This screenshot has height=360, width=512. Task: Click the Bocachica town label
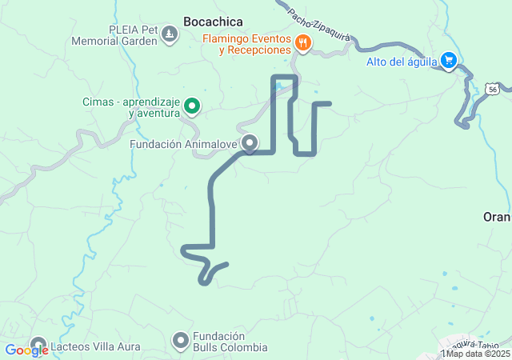click(213, 22)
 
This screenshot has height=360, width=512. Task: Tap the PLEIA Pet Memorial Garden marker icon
click(170, 34)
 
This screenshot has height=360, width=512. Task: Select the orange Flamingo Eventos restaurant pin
click(302, 43)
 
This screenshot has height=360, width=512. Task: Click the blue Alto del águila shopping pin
click(450, 61)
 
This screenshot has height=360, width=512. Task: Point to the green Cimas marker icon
click(192, 106)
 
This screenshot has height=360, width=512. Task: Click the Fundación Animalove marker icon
click(250, 144)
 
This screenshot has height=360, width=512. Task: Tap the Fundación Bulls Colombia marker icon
click(181, 341)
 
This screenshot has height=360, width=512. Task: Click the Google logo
click(26, 350)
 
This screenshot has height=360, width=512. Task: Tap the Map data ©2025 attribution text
click(478, 354)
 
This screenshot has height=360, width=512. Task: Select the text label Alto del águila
click(402, 62)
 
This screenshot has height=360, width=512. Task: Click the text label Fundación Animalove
click(184, 145)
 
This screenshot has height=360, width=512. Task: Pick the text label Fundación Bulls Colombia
click(230, 342)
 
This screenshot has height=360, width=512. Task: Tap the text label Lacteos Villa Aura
click(95, 347)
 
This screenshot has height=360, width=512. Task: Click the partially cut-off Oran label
click(497, 217)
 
